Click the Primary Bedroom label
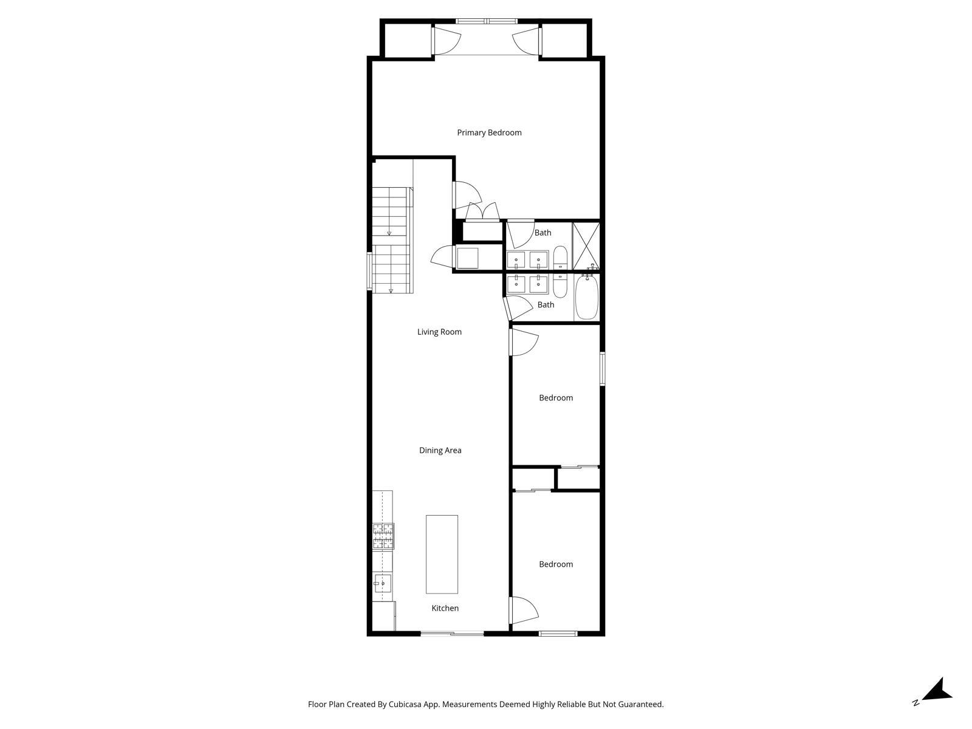click(x=489, y=132)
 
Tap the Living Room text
click(x=439, y=332)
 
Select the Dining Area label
click(x=440, y=450)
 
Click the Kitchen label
click(x=445, y=608)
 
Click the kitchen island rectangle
click(x=442, y=554)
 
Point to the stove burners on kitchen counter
click(x=383, y=536)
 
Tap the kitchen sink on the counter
click(x=382, y=583)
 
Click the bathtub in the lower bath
click(x=587, y=298)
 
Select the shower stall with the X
click(x=586, y=246)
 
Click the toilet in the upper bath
click(x=560, y=258)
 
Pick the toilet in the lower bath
click(x=560, y=285)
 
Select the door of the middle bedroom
click(x=523, y=341)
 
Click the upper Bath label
click(x=542, y=233)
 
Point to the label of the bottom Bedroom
click(x=556, y=564)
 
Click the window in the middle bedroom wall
click(x=602, y=368)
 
